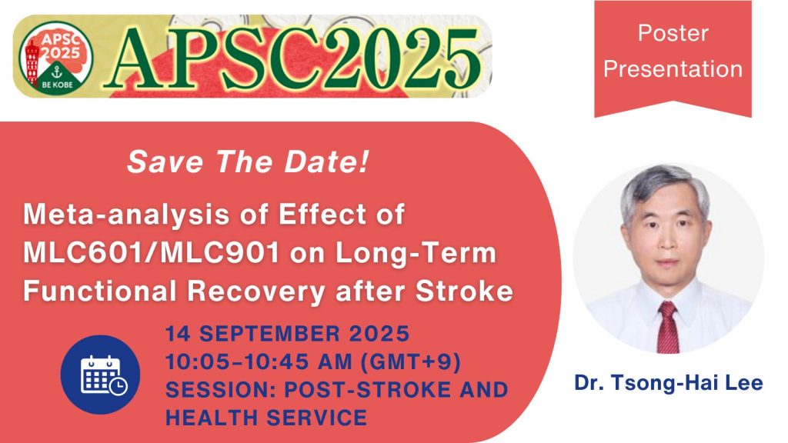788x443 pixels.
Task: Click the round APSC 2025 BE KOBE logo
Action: pos(56,56)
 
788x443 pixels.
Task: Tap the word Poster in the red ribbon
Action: pos(673,34)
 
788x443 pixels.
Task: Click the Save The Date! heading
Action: pos(246,162)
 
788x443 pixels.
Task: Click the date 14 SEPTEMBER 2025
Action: pos(288,336)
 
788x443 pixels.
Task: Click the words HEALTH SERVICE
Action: pos(265,418)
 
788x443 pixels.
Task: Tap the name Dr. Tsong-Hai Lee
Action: pos(668,382)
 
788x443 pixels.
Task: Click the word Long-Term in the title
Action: pos(427,254)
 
